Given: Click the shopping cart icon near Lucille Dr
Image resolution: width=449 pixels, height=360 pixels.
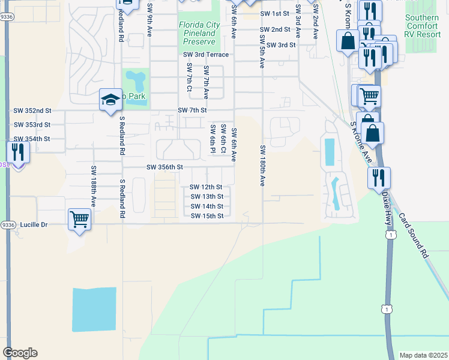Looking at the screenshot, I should tap(79, 219).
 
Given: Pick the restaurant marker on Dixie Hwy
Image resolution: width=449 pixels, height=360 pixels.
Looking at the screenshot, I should tap(379, 178).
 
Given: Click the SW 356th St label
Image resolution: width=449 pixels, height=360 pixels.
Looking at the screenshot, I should tap(164, 167).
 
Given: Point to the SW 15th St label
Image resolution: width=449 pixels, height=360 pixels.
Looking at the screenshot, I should tap(207, 216).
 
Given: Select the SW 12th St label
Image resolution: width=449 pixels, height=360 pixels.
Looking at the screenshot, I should tap(206, 187).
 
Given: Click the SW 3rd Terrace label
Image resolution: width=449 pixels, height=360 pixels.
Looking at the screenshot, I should tap(206, 55).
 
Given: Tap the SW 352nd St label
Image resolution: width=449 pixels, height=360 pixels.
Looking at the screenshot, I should tap(32, 110).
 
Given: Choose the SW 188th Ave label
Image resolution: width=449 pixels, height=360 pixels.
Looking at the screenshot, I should tap(94, 187).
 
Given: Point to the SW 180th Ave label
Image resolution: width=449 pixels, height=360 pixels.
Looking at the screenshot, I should tap(263, 165).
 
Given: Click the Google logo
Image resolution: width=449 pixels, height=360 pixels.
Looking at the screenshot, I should tap(20, 353).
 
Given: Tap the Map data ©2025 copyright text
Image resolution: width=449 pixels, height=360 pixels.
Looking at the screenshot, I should tap(423, 355).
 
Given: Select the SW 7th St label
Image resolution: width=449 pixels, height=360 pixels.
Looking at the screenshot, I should tap(192, 110).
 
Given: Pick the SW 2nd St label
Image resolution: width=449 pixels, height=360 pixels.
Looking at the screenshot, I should tap(275, 29).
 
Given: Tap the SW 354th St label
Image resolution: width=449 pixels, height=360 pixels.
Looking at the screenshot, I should tap(32, 139).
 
